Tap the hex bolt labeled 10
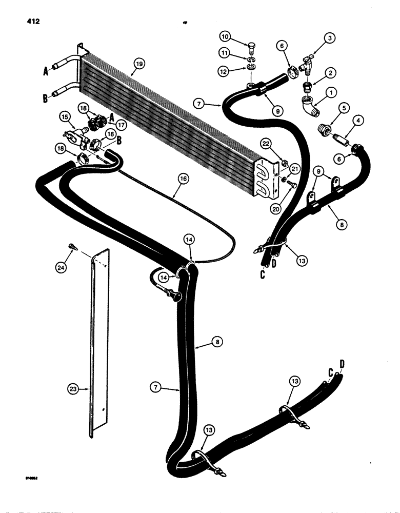tap(251, 48)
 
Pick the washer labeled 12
tap(251, 69)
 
